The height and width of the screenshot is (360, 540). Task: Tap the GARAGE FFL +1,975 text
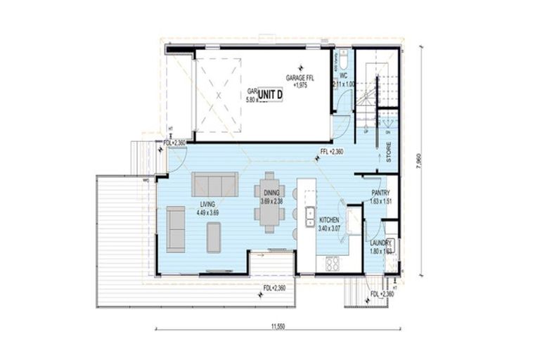click(x=300, y=81)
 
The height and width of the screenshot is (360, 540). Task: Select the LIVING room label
click(x=207, y=205)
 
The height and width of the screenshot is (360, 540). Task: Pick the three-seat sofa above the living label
click(x=215, y=185)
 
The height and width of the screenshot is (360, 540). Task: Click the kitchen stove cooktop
click(x=332, y=263)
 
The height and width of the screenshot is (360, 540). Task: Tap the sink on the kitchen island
click(x=309, y=212)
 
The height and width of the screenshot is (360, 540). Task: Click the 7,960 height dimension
click(x=420, y=160)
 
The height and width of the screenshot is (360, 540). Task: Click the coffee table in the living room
click(x=214, y=237)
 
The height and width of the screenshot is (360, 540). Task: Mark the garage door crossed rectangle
click(x=218, y=94)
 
